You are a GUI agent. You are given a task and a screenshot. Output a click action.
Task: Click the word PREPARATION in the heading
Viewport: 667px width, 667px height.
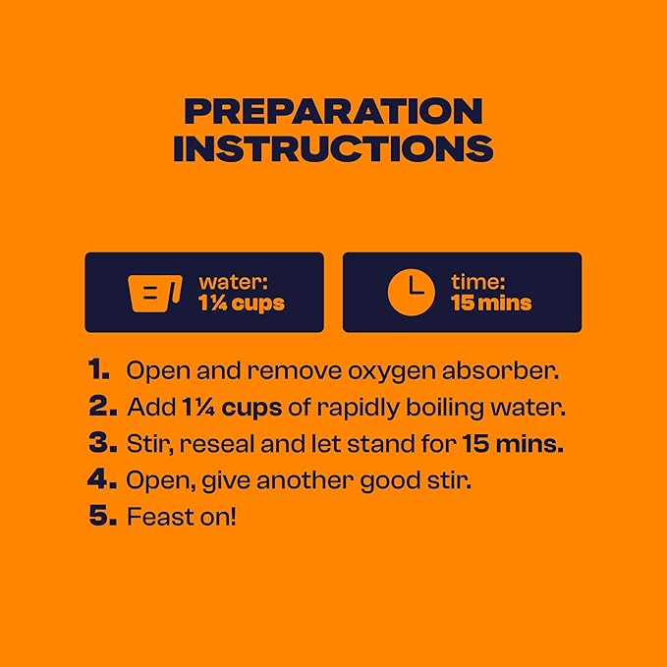(334, 111)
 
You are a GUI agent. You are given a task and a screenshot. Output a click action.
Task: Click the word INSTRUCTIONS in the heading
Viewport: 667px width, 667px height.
(334, 148)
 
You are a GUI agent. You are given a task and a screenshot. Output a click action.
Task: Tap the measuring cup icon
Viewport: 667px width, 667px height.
(155, 294)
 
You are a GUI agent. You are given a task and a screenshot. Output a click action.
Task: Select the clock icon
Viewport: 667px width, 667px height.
(412, 292)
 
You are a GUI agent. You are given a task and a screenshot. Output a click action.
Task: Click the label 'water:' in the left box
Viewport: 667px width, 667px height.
(234, 282)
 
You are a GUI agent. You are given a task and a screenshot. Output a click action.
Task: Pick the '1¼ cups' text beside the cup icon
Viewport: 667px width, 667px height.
(242, 304)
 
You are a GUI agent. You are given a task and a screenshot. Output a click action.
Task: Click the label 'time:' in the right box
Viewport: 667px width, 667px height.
(477, 282)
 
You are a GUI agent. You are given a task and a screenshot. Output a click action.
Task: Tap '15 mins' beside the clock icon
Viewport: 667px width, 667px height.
(491, 303)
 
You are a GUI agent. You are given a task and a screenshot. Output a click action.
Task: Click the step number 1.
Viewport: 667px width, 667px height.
(98, 369)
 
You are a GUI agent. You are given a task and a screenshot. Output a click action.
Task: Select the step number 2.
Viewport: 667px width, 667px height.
(102, 407)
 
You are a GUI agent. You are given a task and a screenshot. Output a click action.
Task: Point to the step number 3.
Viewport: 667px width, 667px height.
(102, 443)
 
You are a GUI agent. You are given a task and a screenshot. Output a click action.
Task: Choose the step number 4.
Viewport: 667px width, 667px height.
(101, 479)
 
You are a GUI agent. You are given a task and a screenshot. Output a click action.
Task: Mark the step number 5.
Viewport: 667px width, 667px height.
(102, 516)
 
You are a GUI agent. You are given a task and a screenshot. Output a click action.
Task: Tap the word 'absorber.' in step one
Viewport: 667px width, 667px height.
(500, 370)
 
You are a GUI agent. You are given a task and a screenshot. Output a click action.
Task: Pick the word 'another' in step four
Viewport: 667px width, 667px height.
(305, 480)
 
